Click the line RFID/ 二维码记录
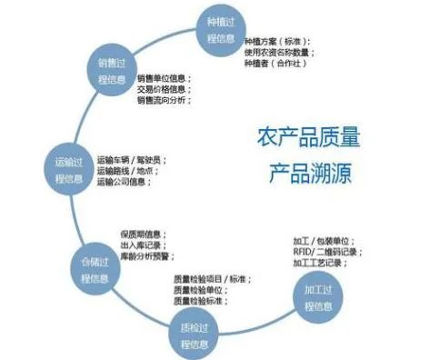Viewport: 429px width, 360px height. [x=322, y=251]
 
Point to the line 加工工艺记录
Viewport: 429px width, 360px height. [x=320, y=263]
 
